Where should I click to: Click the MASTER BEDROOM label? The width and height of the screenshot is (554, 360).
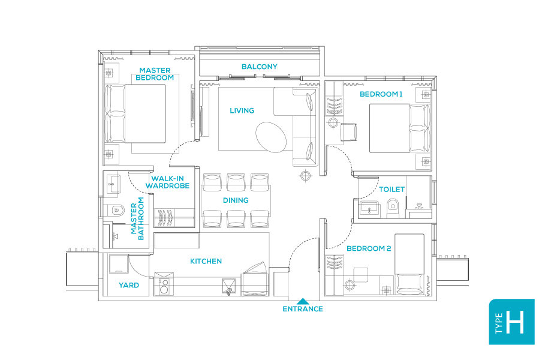pyautogui.click(x=155, y=74)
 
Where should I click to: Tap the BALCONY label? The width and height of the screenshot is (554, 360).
pyautogui.click(x=259, y=67)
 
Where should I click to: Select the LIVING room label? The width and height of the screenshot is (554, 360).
pyautogui.click(x=242, y=110)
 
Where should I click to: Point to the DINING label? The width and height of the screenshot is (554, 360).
pyautogui.click(x=236, y=200)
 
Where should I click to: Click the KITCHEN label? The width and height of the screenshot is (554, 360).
pyautogui.click(x=206, y=261)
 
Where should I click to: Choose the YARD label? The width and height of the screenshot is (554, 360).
pyautogui.click(x=128, y=286)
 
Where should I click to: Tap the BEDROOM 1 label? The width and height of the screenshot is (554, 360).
pyautogui.click(x=381, y=94)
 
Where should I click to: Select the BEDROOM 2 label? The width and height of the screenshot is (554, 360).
pyautogui.click(x=369, y=248)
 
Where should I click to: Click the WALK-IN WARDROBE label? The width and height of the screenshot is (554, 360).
pyautogui.click(x=170, y=182)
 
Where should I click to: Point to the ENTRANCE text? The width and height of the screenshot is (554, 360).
pyautogui.click(x=303, y=309)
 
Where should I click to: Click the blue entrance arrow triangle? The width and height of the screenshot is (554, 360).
pyautogui.click(x=303, y=301)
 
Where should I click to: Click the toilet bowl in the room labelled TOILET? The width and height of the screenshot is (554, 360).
pyautogui.click(x=393, y=207)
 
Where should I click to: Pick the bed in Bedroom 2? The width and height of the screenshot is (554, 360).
pyautogui.click(x=410, y=265)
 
